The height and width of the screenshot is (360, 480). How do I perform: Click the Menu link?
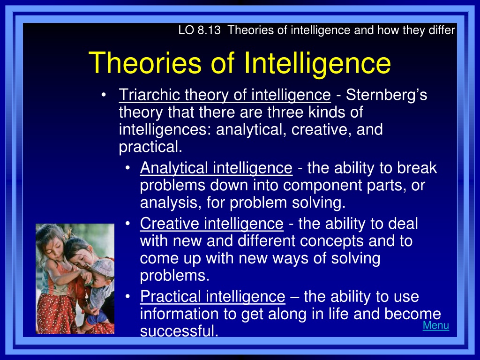click(435, 325)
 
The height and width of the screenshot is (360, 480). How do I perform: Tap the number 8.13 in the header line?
click(209, 30)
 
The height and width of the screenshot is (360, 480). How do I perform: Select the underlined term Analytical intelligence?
click(216, 168)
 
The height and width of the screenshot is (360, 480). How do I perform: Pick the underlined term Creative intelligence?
click(211, 224)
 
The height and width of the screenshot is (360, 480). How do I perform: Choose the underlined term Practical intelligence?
click(212, 297)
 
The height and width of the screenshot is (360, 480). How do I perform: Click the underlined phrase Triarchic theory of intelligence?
click(225, 95)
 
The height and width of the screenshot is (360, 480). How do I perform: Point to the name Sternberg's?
click(386, 95)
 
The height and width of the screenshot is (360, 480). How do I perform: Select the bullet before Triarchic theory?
click(104, 95)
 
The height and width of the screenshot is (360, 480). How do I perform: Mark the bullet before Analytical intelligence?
click(128, 168)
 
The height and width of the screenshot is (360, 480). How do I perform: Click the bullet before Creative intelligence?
click(128, 223)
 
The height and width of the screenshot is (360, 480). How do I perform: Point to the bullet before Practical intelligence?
click(128, 296)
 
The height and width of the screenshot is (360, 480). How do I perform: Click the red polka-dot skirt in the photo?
click(58, 312)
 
